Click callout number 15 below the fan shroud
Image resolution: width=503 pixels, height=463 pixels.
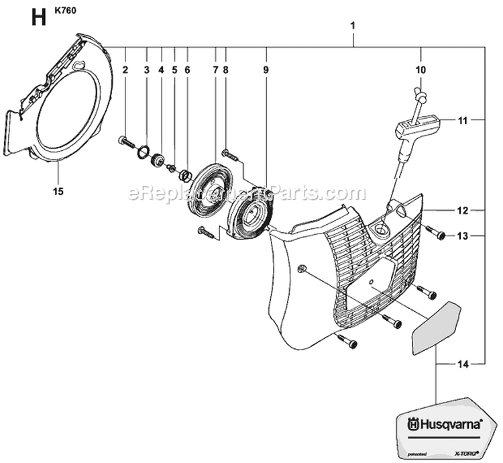click(x=58, y=192)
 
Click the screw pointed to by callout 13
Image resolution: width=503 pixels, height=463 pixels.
click(x=436, y=234)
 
